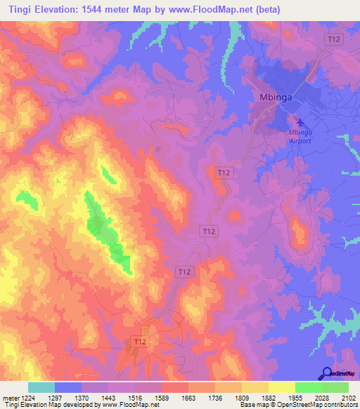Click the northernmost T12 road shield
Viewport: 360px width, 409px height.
pos(334,41)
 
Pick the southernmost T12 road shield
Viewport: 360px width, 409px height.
pos(140,342)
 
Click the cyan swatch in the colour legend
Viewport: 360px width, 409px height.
pos(41,387)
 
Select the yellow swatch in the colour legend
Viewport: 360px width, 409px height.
pos(281,387)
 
